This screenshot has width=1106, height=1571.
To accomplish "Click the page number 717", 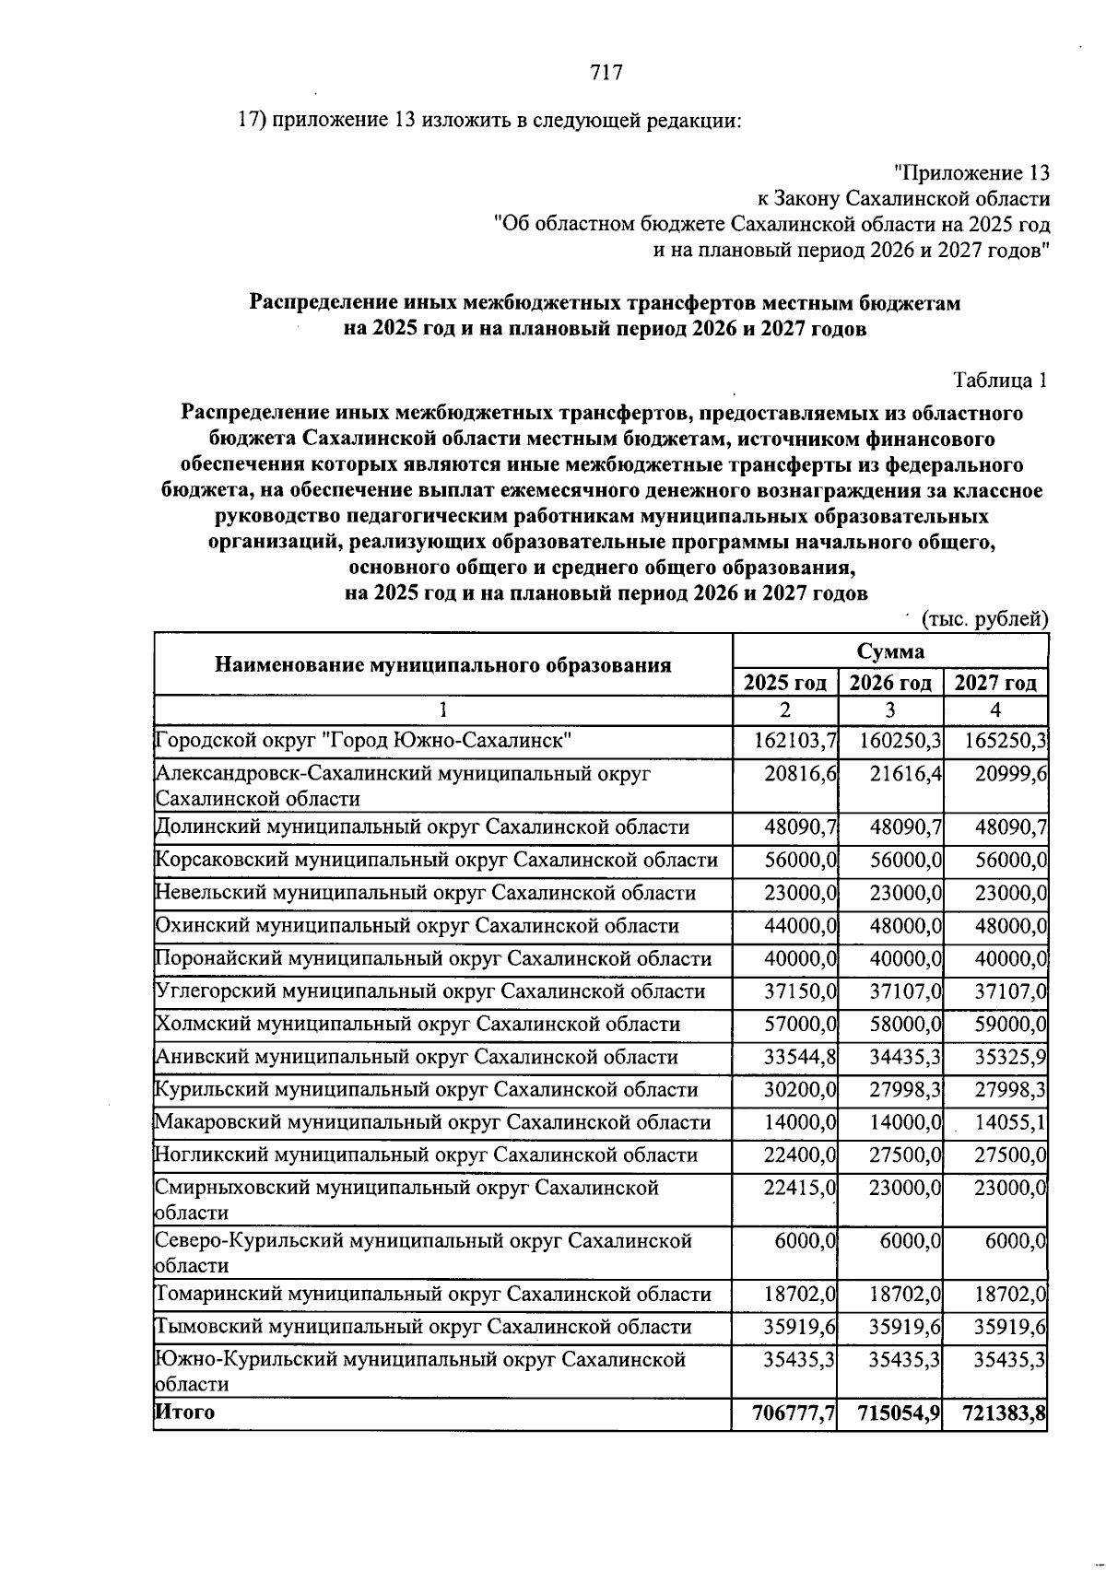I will coord(606,72).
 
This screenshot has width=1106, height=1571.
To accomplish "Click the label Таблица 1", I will coord(1000,380).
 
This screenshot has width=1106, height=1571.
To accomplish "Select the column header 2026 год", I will coord(890,683).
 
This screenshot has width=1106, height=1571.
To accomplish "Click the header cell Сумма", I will coord(890,651).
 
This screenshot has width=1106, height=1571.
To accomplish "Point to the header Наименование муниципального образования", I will coord(442,664).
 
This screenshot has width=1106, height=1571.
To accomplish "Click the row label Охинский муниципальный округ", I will coord(417,926).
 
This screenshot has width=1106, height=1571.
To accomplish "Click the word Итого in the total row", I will coord(184,1412).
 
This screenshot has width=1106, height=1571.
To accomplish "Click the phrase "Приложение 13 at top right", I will coord(971,173).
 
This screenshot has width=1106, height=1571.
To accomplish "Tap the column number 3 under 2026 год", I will coord(890,710).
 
